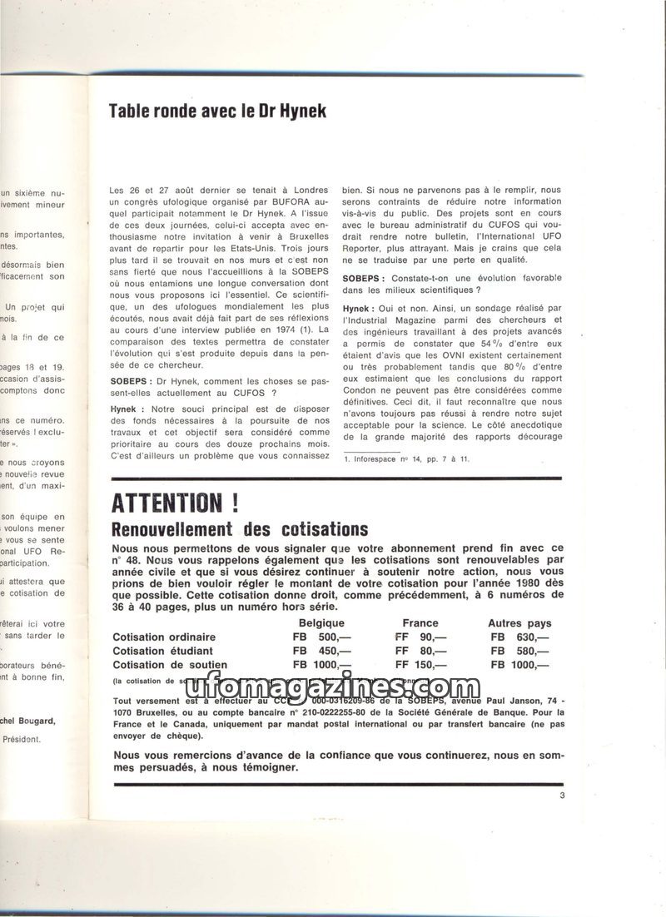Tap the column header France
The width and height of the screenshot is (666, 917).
click(420, 623)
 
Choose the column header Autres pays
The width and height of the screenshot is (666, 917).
click(519, 623)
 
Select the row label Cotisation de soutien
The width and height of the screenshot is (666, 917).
click(169, 665)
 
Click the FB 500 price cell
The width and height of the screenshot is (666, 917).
click(320, 637)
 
